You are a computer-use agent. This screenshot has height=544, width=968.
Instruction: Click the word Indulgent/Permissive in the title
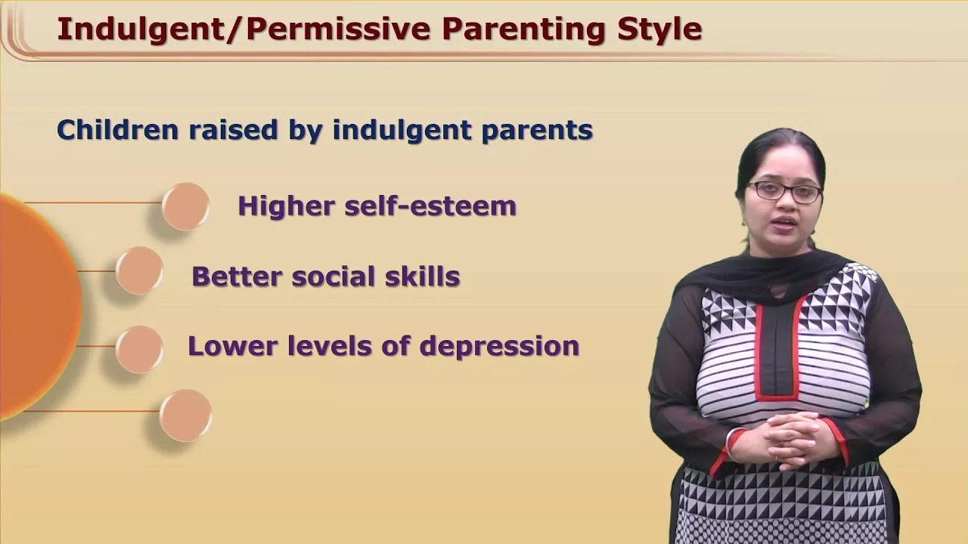coord(244,29)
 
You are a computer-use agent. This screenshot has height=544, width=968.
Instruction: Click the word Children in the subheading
coord(117,129)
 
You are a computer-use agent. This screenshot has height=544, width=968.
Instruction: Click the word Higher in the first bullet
coord(287,206)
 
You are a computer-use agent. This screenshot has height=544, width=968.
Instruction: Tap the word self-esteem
coord(430,206)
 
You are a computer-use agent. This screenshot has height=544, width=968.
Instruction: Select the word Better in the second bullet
coord(237,277)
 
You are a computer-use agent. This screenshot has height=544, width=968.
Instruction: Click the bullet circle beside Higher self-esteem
coord(186,206)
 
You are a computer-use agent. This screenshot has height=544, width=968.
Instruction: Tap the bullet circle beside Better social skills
coord(139,270)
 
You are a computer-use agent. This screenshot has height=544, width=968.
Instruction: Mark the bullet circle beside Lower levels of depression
coord(139,349)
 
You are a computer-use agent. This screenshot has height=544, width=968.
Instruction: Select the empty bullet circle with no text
coord(186,416)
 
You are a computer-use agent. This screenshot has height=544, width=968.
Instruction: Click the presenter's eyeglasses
coord(784,192)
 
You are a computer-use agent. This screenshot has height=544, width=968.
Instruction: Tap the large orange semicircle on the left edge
coord(39,308)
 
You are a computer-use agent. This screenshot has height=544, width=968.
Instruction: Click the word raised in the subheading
coord(233,129)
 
